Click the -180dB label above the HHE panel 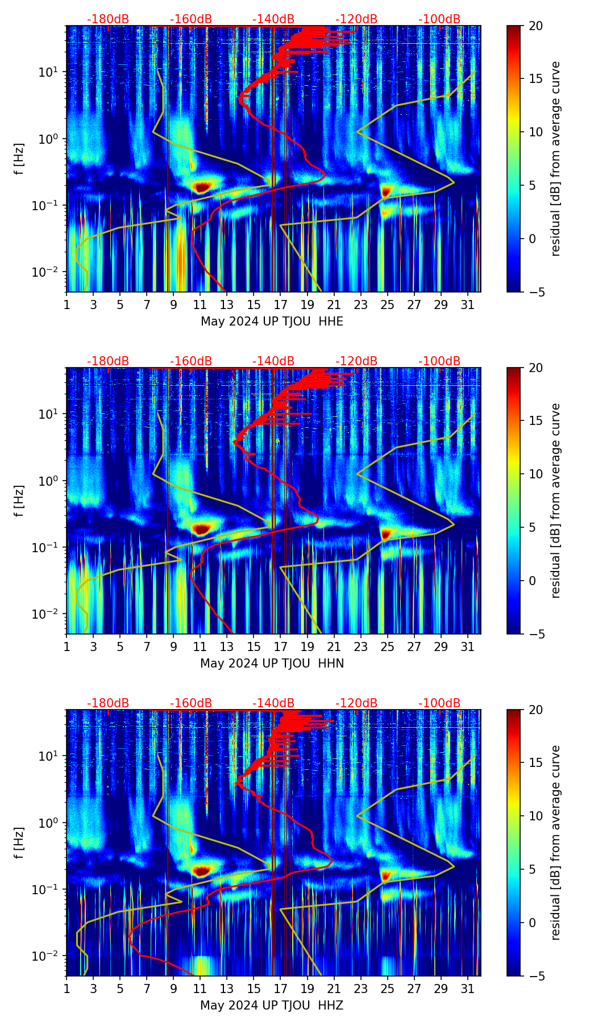(x=108, y=19)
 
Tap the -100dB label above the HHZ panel (x=439, y=703)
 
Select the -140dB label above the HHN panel (x=273, y=361)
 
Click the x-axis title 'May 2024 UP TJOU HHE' (x=272, y=322)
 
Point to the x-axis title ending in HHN (x=272, y=664)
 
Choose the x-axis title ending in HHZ (x=272, y=1006)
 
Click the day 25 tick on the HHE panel (x=387, y=305)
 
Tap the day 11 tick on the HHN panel (x=200, y=647)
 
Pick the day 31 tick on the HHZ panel (x=467, y=989)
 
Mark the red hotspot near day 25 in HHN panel (x=387, y=533)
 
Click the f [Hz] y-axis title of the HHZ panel (x=19, y=843)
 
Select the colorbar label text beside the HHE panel (x=555, y=159)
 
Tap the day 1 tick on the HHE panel (x=67, y=305)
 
